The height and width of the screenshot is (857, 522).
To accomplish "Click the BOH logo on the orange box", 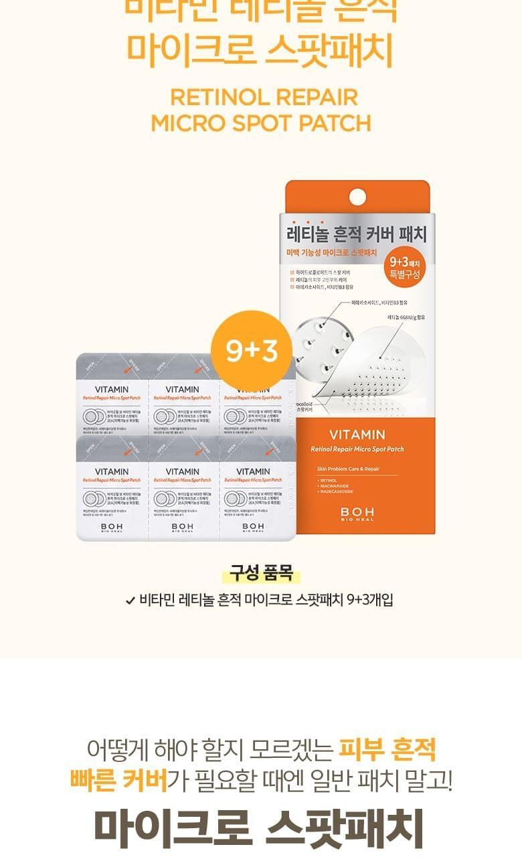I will (x=357, y=514).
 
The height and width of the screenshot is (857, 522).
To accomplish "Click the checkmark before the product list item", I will (x=130, y=600).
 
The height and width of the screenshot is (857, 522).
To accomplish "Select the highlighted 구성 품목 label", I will (x=261, y=573).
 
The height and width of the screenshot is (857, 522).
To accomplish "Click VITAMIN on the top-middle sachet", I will (x=183, y=390).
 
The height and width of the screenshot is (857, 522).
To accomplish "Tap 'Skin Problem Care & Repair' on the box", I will (x=349, y=469).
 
